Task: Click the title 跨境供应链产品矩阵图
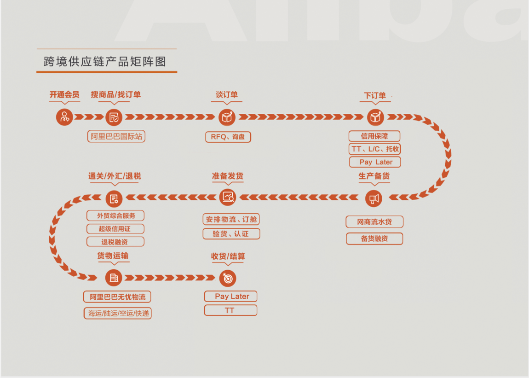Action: click(x=105, y=62)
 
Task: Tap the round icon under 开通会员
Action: click(x=64, y=117)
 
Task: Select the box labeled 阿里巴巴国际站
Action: click(x=116, y=136)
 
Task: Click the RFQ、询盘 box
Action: click(x=228, y=137)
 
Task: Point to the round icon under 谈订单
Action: click(x=227, y=117)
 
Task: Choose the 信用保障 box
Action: click(x=374, y=136)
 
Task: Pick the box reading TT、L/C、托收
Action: click(x=374, y=149)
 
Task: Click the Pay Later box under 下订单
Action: click(x=374, y=162)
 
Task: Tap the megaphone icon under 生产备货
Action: click(x=374, y=198)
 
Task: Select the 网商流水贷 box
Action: click(x=374, y=222)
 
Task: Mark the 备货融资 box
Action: click(x=374, y=238)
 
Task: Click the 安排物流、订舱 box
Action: click(x=231, y=220)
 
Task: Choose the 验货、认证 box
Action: click(x=231, y=234)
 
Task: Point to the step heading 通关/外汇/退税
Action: click(x=115, y=176)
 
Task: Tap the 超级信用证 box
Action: click(x=115, y=229)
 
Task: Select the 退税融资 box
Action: click(x=115, y=242)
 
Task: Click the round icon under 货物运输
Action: click(x=114, y=278)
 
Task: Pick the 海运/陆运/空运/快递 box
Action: click(x=117, y=314)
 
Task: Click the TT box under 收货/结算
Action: click(x=230, y=311)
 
